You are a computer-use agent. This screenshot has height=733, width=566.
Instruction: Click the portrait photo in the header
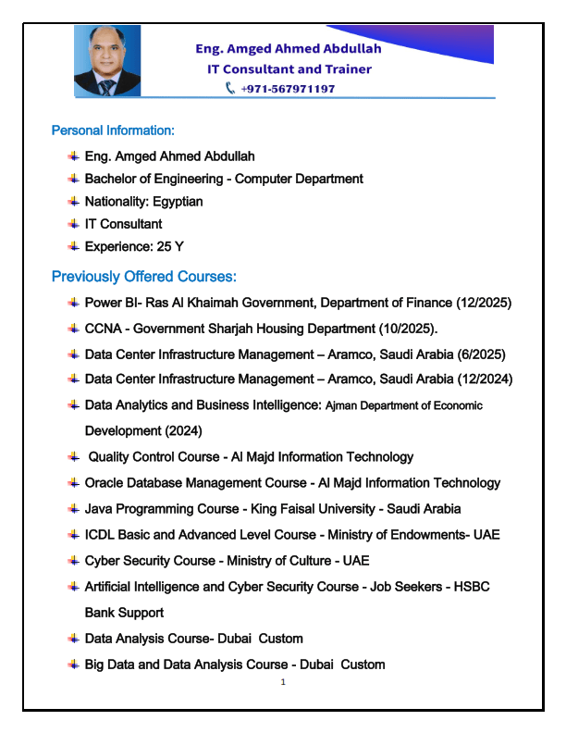(x=107, y=60)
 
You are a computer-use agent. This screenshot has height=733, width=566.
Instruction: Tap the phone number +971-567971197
(x=287, y=89)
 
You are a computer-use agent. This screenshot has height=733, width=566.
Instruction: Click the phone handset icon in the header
(x=230, y=89)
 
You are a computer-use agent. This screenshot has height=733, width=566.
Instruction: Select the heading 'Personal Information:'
(x=113, y=130)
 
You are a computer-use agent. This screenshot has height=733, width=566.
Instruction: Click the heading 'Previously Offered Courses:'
(x=144, y=277)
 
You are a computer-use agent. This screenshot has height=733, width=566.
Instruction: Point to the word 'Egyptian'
(x=178, y=202)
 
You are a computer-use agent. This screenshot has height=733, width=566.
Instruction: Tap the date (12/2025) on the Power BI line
(x=484, y=303)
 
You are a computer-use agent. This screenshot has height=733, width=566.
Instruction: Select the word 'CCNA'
(x=103, y=329)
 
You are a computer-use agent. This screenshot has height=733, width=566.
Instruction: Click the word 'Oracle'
(x=105, y=483)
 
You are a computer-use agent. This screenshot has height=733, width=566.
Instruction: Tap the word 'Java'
(x=99, y=509)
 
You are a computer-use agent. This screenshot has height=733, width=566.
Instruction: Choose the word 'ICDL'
(x=100, y=535)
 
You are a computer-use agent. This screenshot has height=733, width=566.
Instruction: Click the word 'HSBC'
(x=470, y=587)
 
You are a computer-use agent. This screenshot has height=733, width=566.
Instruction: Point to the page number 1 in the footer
(x=283, y=682)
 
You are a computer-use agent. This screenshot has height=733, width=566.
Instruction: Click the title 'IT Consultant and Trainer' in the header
(x=289, y=69)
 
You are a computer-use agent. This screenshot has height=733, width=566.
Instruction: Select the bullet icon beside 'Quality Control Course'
(x=73, y=456)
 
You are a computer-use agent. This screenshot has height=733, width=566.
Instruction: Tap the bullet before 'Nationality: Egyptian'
(x=73, y=202)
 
